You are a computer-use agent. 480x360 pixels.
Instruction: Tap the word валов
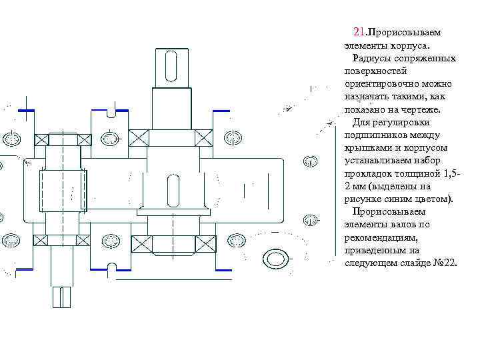pyautogui.click(x=397, y=225)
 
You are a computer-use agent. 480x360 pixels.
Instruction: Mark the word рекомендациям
pyautogui.click(x=379, y=237)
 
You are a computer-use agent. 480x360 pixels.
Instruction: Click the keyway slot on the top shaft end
pyautogui.click(x=171, y=67)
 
